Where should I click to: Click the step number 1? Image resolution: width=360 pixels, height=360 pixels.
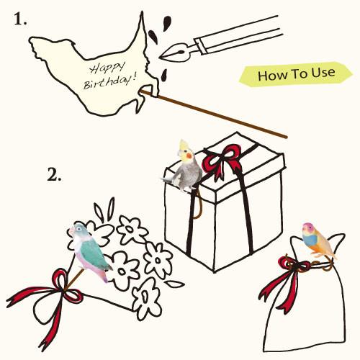(x=20, y=19)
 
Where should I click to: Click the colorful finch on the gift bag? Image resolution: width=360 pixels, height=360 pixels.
(x=318, y=240)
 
